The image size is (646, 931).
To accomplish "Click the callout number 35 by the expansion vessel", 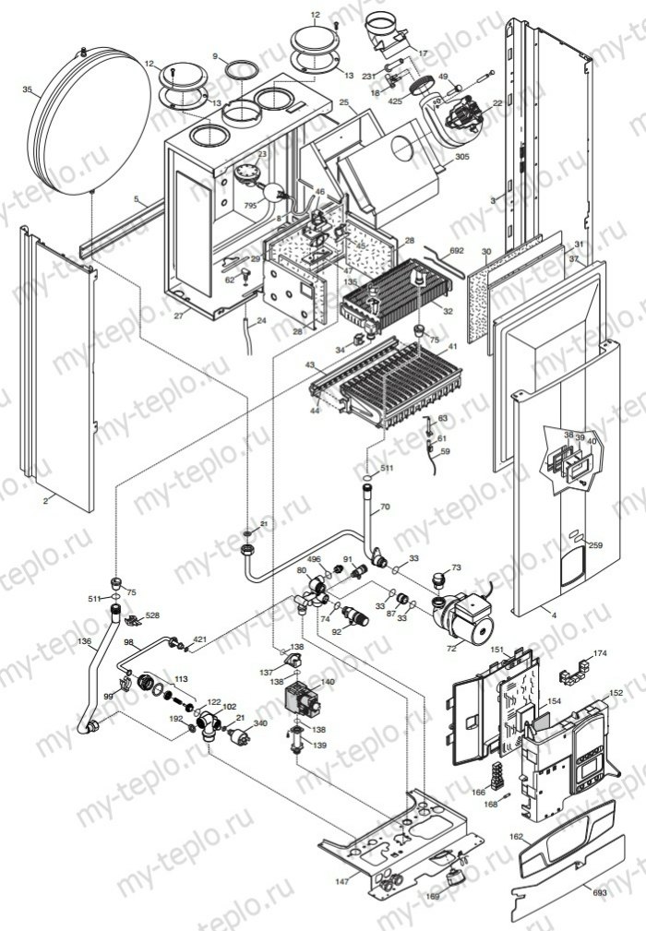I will pos(28,90).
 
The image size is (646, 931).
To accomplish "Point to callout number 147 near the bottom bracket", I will pos(342,882).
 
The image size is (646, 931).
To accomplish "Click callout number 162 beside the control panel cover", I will pos(517,837).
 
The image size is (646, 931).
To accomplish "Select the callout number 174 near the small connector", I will pos(601,653).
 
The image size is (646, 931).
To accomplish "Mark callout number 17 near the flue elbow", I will pos(423,54).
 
